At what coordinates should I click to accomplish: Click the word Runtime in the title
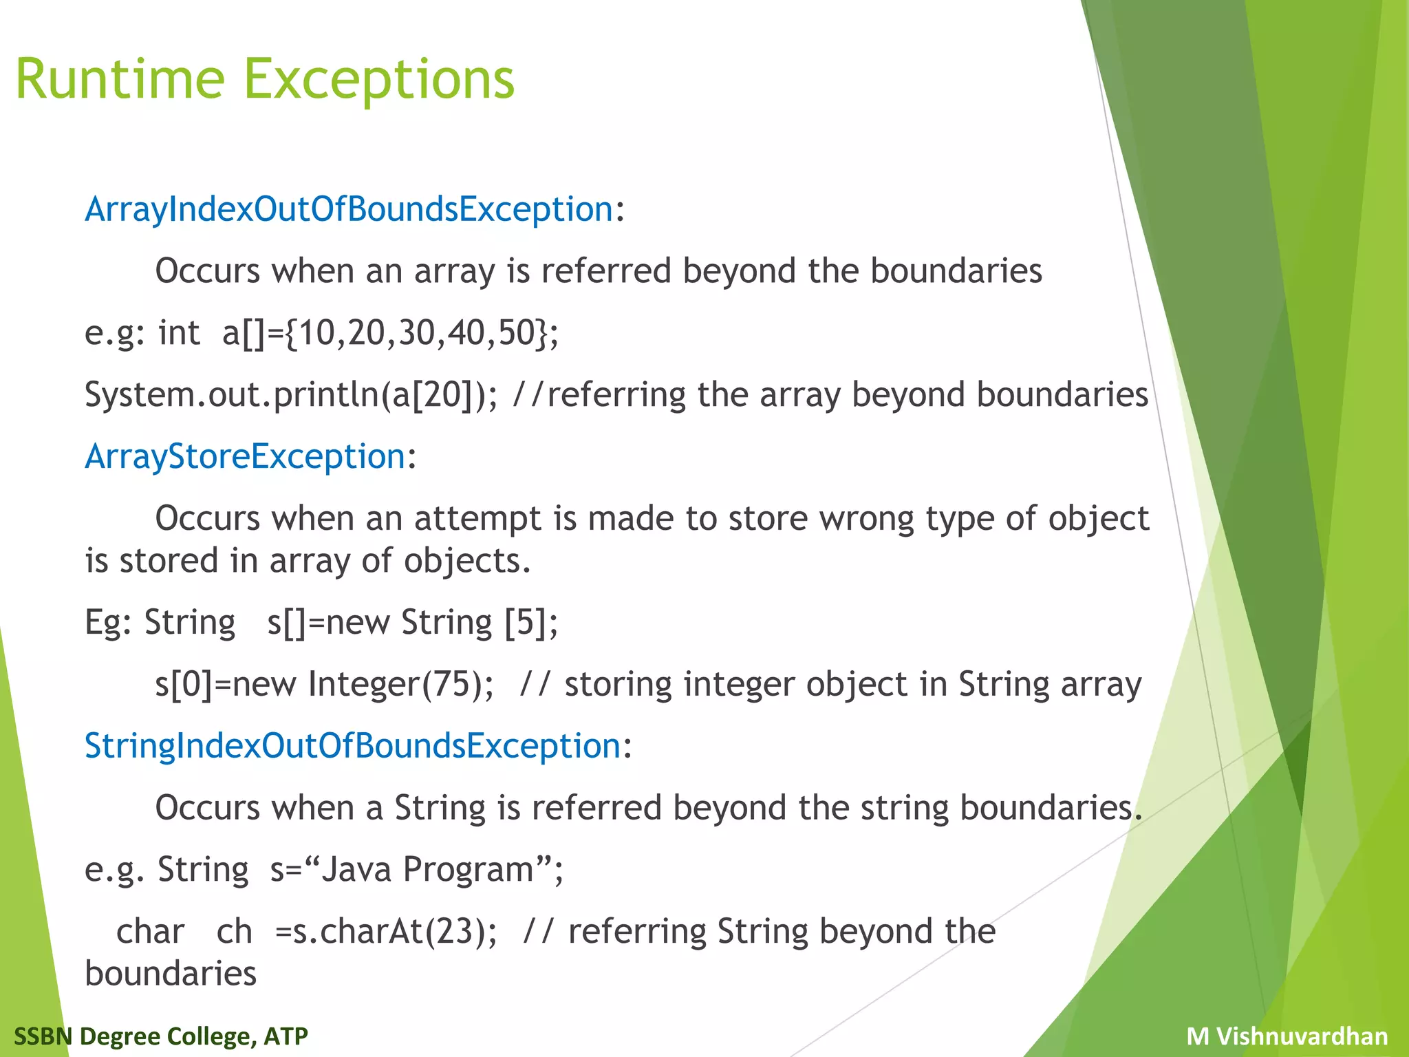(120, 79)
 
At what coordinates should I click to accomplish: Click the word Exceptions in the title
(378, 79)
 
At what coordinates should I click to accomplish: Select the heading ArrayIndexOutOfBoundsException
(349, 209)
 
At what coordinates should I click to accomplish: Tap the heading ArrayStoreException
(245, 457)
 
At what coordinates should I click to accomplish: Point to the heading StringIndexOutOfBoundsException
(352, 746)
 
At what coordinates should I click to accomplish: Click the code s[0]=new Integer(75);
(324, 684)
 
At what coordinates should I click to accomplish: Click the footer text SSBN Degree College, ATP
(161, 1036)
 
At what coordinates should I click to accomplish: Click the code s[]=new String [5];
(413, 622)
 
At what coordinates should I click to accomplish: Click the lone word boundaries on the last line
(171, 974)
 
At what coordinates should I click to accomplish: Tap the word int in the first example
(179, 333)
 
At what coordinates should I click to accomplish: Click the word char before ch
(150, 932)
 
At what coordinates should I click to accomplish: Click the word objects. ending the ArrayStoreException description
(467, 561)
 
